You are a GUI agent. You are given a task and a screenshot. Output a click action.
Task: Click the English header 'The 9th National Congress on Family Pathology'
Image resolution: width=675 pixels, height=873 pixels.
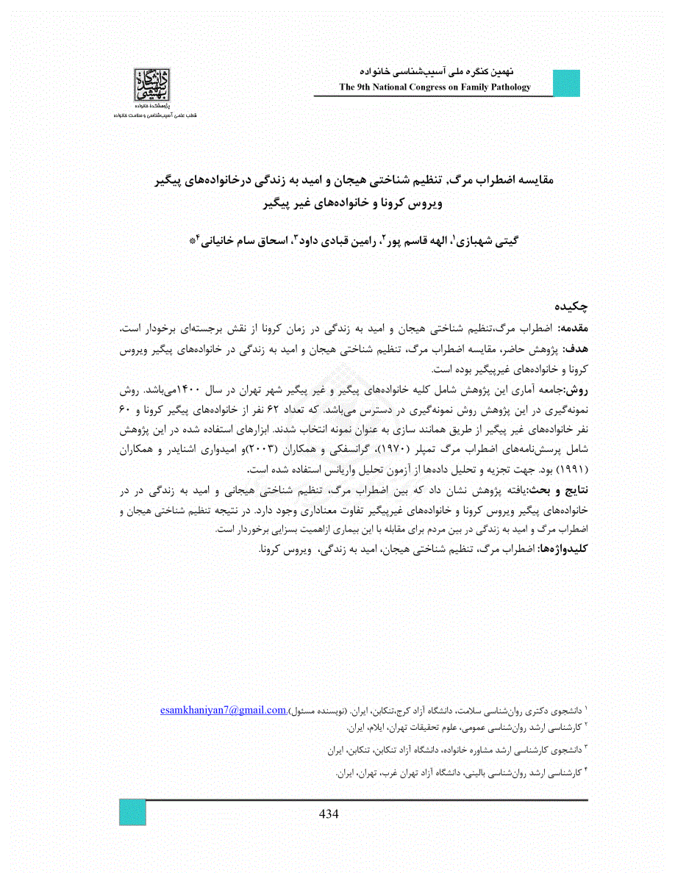click(x=435, y=87)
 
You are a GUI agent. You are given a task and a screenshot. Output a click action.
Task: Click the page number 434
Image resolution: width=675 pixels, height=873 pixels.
click(x=329, y=813)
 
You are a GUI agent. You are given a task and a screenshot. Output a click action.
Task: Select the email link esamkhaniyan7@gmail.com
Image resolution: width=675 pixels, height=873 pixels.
click(x=223, y=710)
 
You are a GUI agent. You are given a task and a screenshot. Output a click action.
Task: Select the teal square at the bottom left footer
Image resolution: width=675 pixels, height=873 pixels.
click(x=132, y=813)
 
